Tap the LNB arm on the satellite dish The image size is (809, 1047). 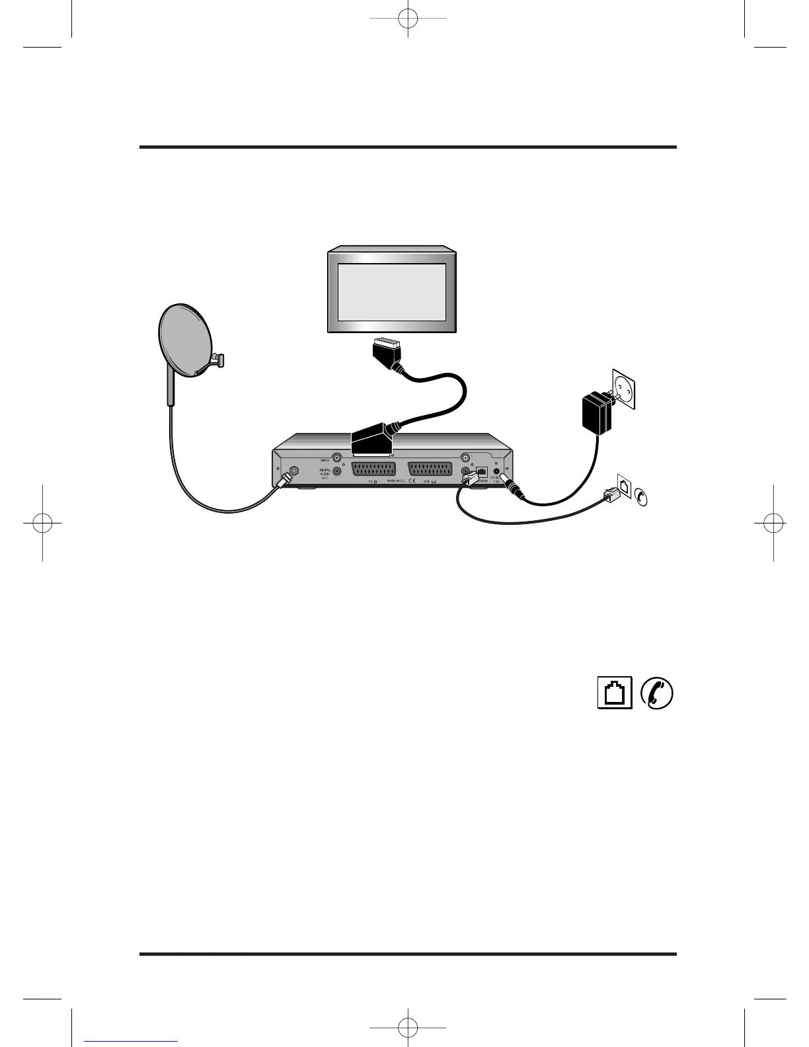pos(216,361)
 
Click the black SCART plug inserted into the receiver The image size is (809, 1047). pos(371,440)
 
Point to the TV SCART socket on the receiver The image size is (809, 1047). pos(373,470)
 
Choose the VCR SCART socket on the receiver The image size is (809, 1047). pos(430,470)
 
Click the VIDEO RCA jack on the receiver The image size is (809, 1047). pos(338,457)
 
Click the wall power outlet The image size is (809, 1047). pos(624,390)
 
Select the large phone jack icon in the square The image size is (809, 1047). pos(615,693)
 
